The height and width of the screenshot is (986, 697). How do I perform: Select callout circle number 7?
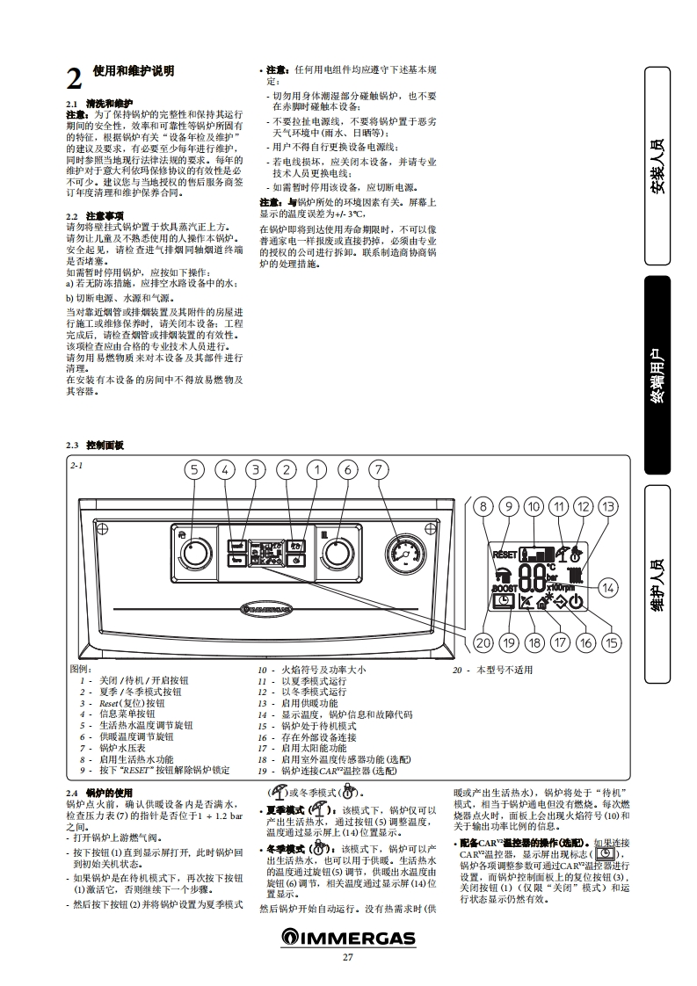point(379,469)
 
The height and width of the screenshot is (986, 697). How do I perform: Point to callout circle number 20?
point(483,642)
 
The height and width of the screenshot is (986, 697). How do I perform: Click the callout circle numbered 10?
point(534,506)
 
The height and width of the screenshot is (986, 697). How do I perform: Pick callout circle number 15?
point(612,642)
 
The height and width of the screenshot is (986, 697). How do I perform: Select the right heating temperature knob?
point(337,554)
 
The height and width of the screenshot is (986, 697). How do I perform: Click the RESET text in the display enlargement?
point(505,555)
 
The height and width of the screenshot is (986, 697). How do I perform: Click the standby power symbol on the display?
point(577,602)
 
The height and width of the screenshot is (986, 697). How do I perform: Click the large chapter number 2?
point(75,79)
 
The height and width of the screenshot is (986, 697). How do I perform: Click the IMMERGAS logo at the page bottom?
point(348,940)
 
